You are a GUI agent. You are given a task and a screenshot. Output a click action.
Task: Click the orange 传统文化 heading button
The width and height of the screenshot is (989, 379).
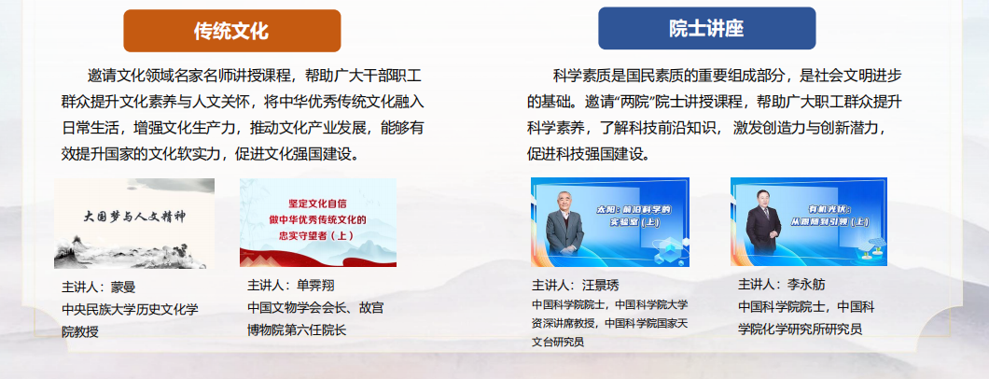[231, 30]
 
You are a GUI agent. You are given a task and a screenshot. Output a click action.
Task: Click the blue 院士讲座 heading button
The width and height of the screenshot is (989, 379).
[706, 28]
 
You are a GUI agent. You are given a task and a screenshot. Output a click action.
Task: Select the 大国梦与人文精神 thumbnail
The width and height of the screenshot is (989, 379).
[134, 223]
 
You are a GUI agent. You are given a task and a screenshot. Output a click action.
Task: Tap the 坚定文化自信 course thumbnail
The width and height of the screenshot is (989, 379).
[318, 222]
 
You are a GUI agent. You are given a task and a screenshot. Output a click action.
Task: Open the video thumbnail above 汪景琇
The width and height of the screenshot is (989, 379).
[609, 222]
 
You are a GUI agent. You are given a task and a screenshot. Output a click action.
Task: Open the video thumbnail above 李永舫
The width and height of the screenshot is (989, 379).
[808, 222]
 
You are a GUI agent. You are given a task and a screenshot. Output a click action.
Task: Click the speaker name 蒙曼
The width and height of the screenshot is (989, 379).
[123, 287]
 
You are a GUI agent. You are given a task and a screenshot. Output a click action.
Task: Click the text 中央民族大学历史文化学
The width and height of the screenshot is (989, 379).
[129, 309]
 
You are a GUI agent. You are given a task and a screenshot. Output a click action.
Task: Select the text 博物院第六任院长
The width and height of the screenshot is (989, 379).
[297, 330]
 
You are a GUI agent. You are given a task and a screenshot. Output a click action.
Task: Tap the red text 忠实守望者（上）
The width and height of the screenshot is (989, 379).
[319, 237]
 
